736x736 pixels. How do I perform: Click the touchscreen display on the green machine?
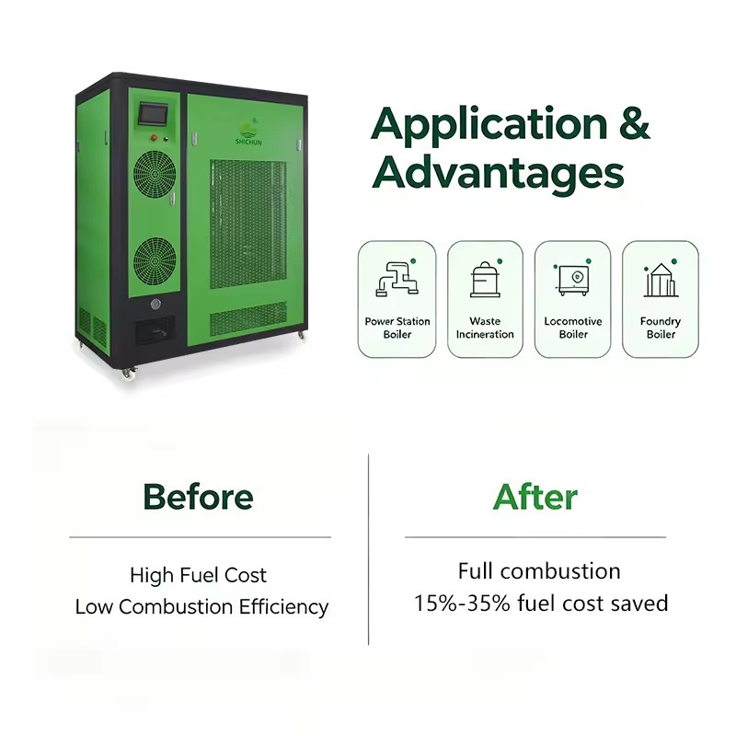click(151, 114)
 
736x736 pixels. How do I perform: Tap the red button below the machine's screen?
click(154, 137)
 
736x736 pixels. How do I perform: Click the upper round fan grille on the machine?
click(155, 173)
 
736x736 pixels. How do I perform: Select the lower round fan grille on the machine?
click(155, 259)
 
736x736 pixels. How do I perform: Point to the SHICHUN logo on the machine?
click(248, 132)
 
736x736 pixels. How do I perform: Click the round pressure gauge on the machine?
click(155, 305)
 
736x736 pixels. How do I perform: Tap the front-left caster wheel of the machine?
click(127, 374)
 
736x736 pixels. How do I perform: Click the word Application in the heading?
click(489, 123)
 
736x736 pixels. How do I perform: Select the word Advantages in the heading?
click(498, 173)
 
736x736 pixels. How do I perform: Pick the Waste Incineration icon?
click(486, 279)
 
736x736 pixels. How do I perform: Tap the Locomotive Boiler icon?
click(572, 279)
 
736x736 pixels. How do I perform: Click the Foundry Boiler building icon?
click(661, 279)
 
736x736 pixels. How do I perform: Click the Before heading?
click(198, 497)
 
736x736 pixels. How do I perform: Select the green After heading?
click(535, 497)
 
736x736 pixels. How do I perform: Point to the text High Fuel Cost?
click(198, 575)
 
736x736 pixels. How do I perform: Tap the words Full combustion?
click(539, 571)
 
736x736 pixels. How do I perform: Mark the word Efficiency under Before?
click(283, 607)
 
